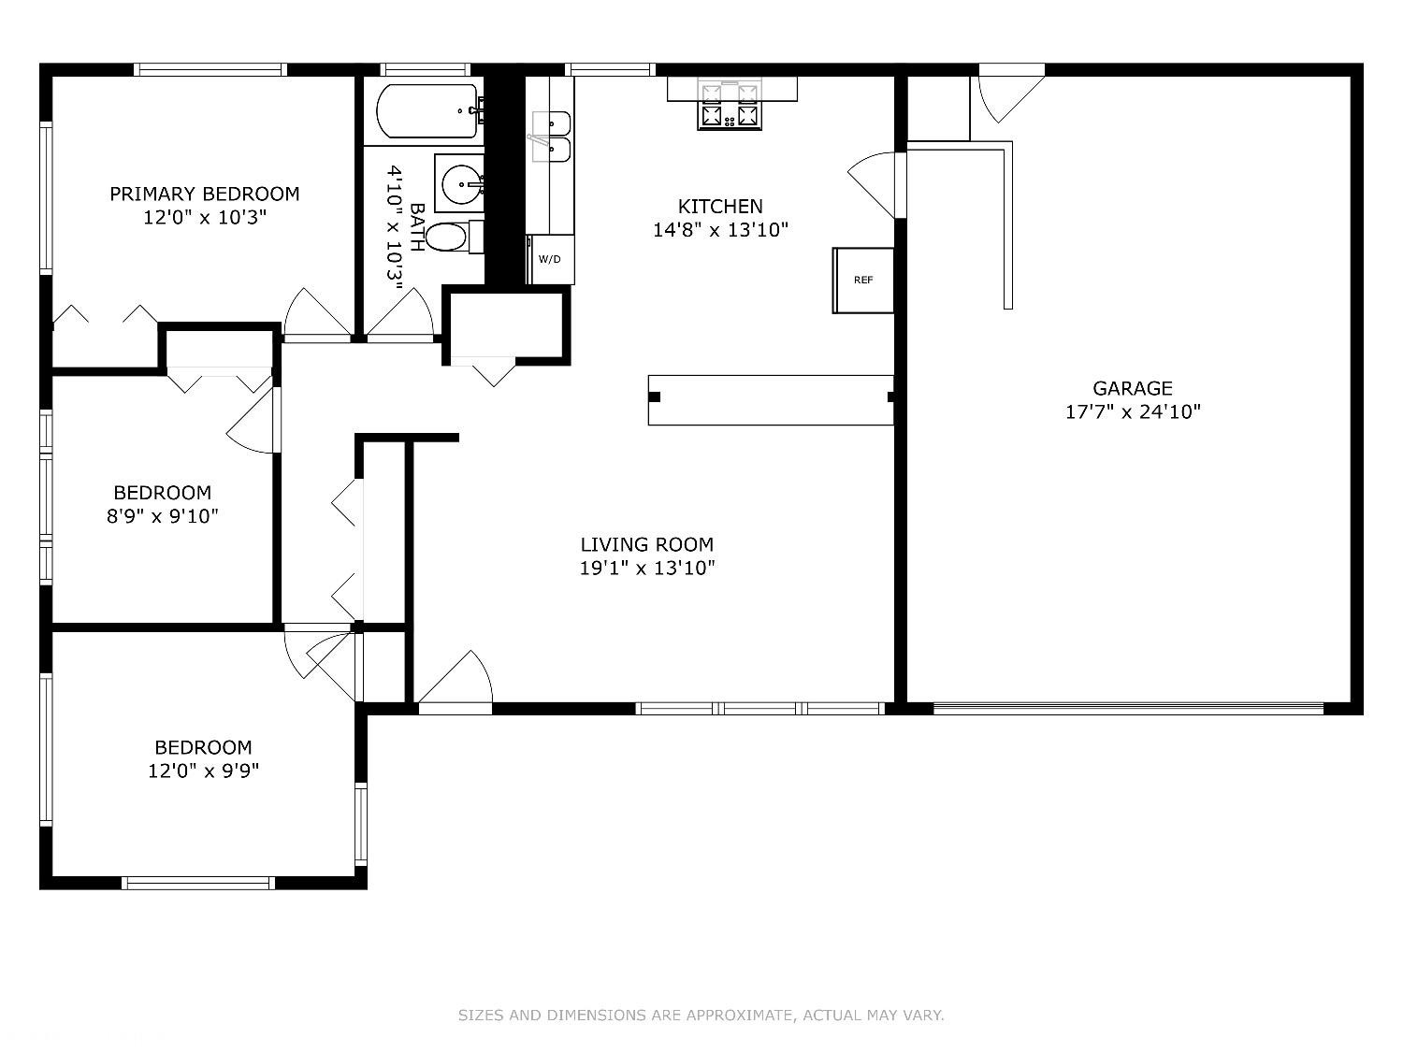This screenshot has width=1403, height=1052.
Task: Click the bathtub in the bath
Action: tap(427, 110)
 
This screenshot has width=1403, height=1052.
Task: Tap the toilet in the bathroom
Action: tap(454, 237)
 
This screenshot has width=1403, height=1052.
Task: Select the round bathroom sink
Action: tap(460, 183)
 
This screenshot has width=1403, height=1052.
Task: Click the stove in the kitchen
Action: tap(730, 106)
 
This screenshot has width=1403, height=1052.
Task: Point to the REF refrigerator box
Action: tap(863, 281)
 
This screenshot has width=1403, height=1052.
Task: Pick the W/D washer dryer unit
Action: tap(550, 259)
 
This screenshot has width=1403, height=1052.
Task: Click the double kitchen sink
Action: tap(551, 136)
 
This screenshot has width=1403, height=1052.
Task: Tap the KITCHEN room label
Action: tap(720, 207)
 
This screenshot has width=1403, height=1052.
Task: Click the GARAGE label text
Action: tap(1133, 388)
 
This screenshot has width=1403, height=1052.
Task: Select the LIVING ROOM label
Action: tap(647, 545)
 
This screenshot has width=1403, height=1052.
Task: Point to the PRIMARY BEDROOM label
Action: tap(205, 195)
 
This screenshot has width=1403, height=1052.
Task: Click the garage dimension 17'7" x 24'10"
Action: tap(1133, 412)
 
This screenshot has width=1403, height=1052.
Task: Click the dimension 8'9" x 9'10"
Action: tap(163, 516)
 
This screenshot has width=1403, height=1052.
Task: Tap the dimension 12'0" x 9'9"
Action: tap(203, 771)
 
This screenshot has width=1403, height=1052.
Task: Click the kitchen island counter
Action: tap(771, 400)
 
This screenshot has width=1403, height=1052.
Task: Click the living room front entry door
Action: tap(456, 679)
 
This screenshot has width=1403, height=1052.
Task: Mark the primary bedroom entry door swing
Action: tap(318, 312)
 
